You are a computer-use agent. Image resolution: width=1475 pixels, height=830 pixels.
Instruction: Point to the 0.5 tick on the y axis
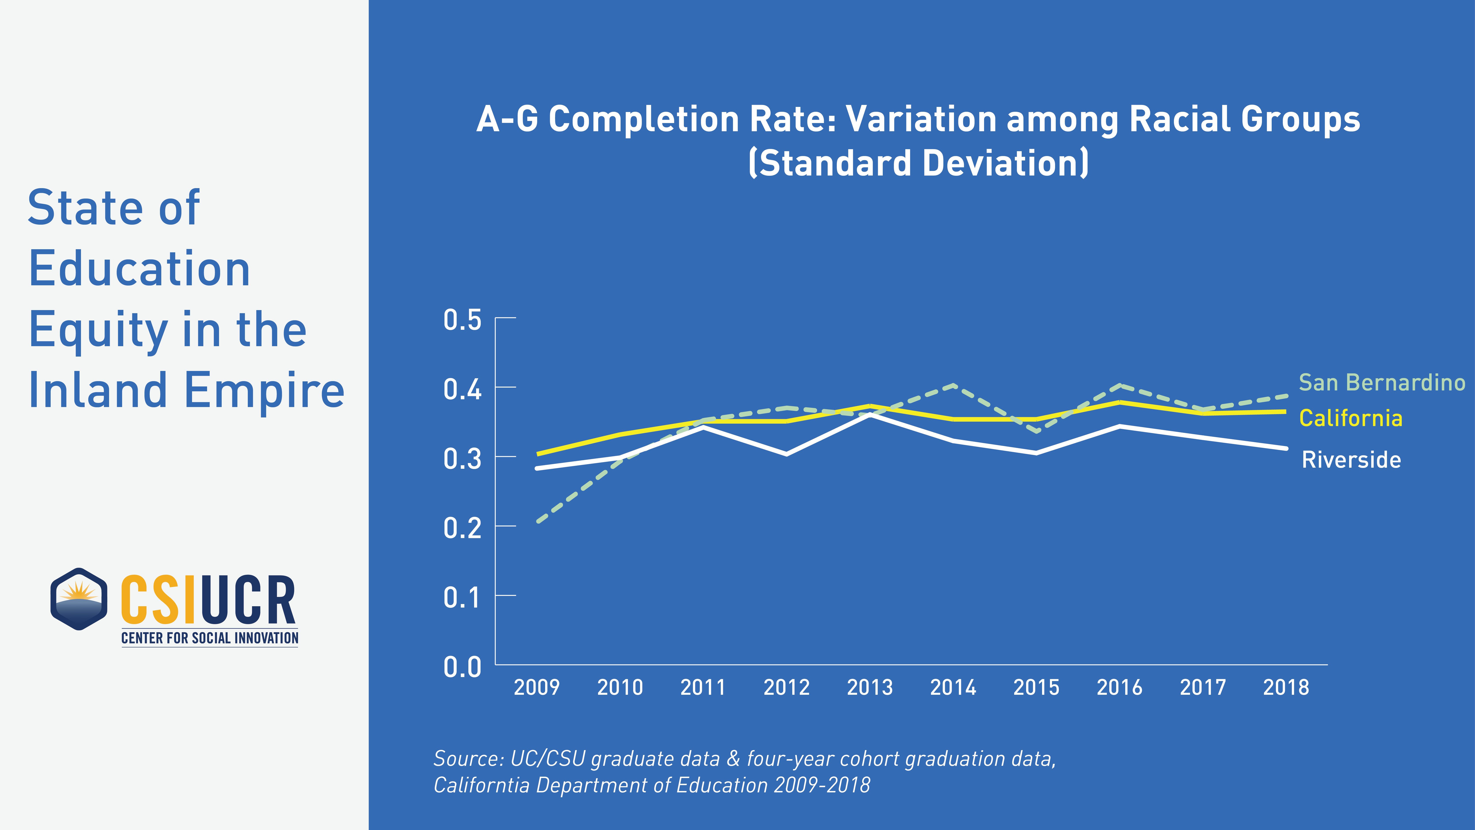click(x=462, y=320)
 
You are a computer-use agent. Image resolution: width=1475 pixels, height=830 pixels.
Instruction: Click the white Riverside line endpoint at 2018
click(x=1286, y=448)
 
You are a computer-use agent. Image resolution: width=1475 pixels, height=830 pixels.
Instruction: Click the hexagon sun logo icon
click(x=79, y=599)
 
